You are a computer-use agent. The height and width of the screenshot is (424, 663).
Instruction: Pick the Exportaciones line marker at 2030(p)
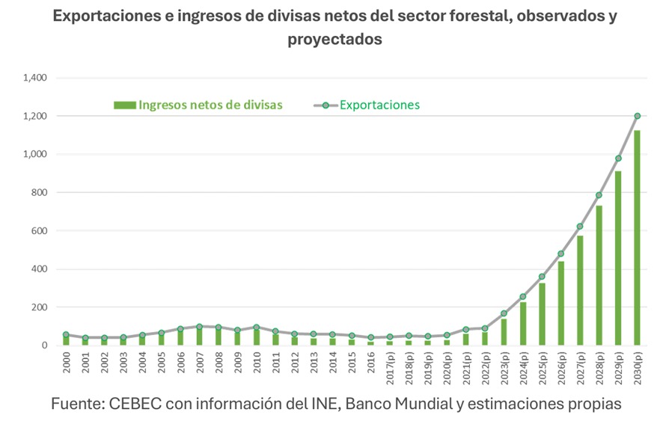point(638,116)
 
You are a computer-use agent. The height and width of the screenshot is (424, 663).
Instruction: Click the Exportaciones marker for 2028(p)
point(599,195)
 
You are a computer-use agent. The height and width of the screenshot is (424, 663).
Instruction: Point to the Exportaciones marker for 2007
point(199,327)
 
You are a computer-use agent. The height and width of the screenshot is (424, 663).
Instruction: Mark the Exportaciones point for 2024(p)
point(523,297)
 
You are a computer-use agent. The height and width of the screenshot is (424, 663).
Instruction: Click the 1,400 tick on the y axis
point(35,78)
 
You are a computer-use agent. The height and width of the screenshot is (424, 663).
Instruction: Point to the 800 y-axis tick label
point(39,193)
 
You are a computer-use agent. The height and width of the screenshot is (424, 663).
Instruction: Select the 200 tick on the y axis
point(39,307)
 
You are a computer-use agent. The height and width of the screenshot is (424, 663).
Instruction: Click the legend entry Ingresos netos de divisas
point(210,105)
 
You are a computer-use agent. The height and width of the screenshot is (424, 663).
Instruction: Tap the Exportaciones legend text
point(379,105)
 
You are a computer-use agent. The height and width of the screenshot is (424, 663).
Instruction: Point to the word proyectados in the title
point(334,40)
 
